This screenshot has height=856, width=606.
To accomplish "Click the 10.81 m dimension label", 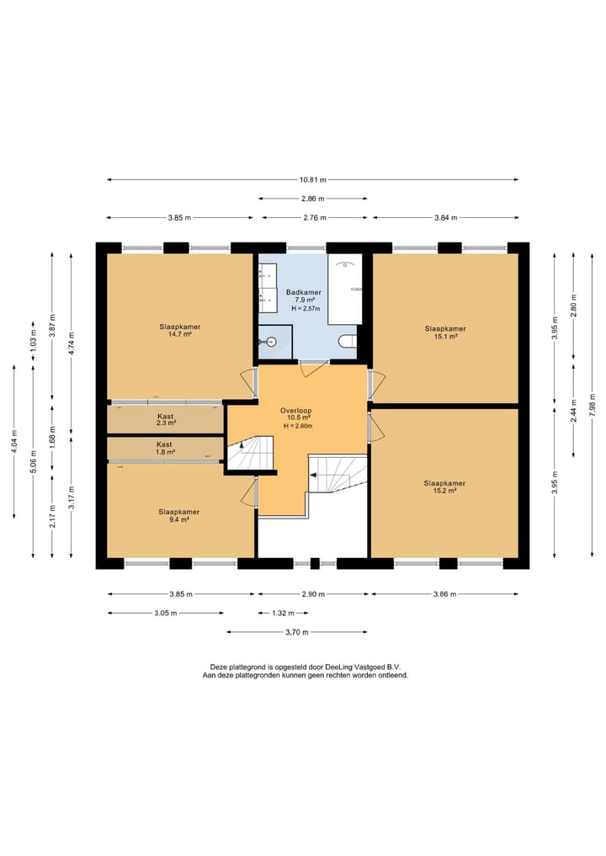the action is coord(313,179).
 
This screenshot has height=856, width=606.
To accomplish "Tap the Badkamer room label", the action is coord(304,292).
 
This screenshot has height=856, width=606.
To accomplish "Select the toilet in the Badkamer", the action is coord(348,342).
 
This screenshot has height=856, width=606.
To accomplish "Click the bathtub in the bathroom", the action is coord(345,289).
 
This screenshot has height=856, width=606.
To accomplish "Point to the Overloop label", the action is coord(296,411).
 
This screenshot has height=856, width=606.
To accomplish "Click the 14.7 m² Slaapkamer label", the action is coord(179,330).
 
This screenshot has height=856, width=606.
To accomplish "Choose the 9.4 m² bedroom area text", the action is coord(178,519).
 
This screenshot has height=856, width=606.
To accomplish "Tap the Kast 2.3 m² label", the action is coord(166,419).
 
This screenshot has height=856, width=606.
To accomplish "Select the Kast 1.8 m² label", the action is coord(164,448).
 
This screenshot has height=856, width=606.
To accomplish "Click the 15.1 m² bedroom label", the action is coord(445,332).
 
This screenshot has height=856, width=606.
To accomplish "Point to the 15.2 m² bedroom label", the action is coord(444,487).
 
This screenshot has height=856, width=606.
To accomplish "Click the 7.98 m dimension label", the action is coord(593,405).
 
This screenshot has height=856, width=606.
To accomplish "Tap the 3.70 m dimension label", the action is coord(297,632).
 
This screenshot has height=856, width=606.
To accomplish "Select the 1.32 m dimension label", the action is coord(284,613).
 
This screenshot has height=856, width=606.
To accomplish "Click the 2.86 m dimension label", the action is coord(313,199).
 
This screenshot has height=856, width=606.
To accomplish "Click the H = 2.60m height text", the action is coord(298,427).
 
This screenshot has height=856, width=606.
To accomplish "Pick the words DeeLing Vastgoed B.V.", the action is coord(363,667).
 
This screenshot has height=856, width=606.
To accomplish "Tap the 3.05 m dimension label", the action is coord(166,613).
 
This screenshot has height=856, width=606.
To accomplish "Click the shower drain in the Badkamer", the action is coord(270,342).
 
